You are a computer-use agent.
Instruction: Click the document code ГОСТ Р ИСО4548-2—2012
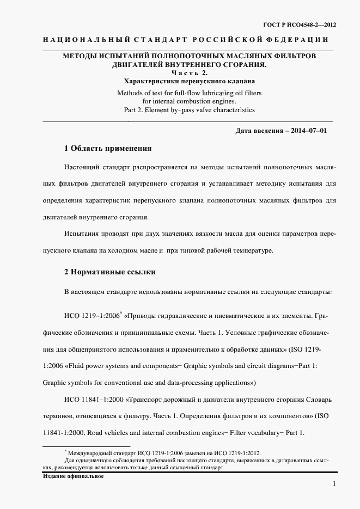[299, 25]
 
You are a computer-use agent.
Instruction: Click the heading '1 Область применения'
[108, 149]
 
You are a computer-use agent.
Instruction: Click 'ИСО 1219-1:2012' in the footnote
[237, 452]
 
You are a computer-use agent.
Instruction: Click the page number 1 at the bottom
[334, 484]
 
